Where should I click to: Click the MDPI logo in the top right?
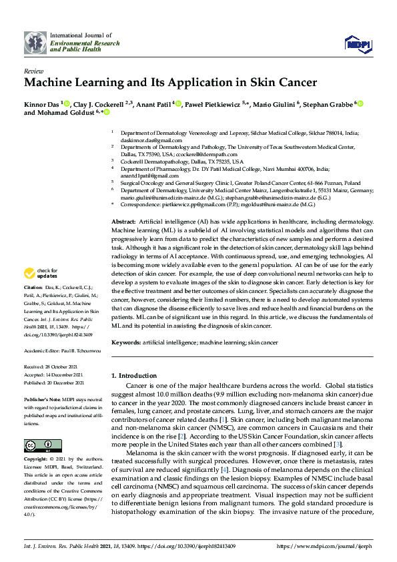(x=357, y=44)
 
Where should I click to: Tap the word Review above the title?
(x=33, y=70)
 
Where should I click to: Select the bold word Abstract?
(x=123, y=220)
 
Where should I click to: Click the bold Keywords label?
(x=126, y=341)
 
